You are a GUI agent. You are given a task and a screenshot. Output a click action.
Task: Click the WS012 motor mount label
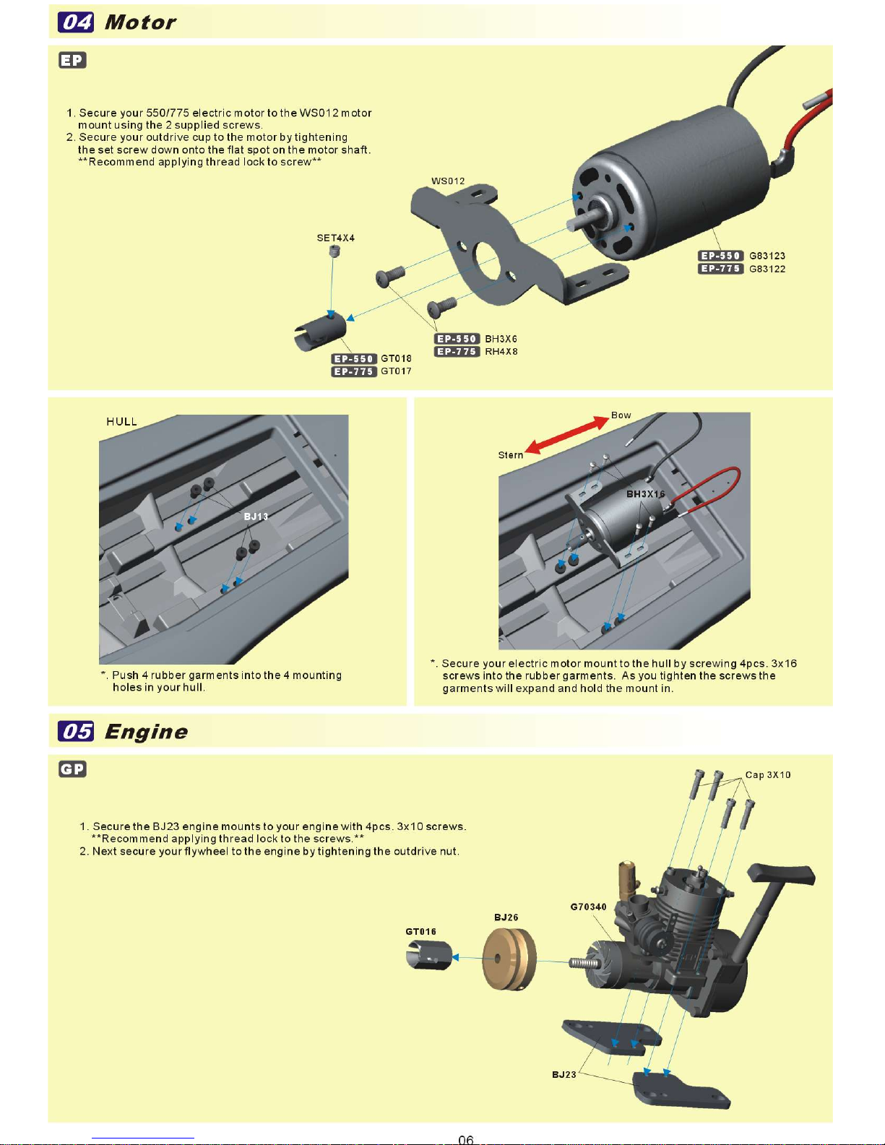(x=448, y=181)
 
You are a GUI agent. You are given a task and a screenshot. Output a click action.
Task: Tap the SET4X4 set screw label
(x=335, y=238)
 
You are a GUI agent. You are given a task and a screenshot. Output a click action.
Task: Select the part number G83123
(x=767, y=256)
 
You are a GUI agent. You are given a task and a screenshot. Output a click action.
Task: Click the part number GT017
(x=396, y=371)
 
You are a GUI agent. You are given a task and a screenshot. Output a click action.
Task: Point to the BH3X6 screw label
(x=501, y=339)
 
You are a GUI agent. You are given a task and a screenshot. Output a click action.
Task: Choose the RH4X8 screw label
(x=501, y=352)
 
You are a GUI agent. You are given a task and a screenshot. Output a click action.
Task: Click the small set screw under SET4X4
(x=334, y=251)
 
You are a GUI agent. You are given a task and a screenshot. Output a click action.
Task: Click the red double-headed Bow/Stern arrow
(x=567, y=435)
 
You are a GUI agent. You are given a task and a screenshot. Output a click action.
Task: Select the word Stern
(x=510, y=455)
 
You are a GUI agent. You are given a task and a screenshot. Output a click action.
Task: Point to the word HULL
(x=121, y=422)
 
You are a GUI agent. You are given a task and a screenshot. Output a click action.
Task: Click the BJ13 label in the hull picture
(x=256, y=517)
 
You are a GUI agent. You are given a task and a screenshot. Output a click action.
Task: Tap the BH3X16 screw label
(x=645, y=494)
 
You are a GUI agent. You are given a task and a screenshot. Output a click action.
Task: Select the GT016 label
(x=420, y=932)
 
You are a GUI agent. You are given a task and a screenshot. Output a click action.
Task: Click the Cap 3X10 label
(x=767, y=775)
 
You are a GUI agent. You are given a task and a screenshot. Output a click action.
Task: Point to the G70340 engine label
(x=588, y=907)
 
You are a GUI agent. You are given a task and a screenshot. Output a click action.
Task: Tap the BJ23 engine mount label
(x=564, y=1075)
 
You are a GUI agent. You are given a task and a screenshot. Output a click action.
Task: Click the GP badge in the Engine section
(x=72, y=769)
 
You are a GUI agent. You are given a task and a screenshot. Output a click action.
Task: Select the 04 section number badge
(x=76, y=22)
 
